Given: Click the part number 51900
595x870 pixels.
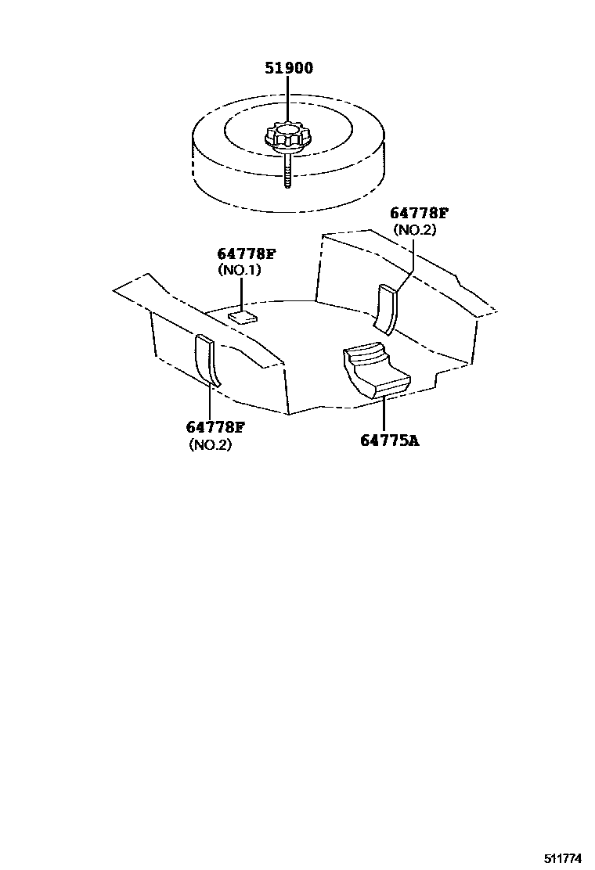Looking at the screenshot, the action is click(288, 69).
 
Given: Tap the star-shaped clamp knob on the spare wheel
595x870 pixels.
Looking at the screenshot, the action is click(286, 138).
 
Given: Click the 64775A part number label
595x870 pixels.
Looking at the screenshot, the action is click(390, 440).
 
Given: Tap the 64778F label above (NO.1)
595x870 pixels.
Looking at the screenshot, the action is click(246, 254).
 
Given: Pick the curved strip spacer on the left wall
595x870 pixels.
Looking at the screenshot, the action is click(209, 360).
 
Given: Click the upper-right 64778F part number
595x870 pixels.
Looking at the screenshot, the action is click(420, 214).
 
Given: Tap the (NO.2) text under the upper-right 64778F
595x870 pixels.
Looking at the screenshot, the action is click(414, 230).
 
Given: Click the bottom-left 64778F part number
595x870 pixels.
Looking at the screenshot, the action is click(216, 427).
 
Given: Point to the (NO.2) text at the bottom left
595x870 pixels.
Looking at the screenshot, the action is click(211, 444).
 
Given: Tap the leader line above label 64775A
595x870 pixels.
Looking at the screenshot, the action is click(385, 415).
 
